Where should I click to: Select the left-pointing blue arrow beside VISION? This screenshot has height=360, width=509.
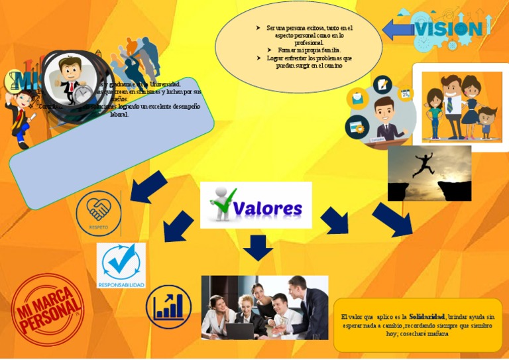tap(398, 29)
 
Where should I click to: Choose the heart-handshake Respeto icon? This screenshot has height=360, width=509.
tap(99, 211)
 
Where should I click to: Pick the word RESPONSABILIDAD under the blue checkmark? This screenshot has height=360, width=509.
tap(121, 285)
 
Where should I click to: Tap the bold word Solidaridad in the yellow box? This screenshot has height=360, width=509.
tap(427, 316)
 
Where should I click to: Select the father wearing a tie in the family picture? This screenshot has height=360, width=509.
tap(453, 102)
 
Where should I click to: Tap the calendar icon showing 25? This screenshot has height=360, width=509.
tap(405, 95)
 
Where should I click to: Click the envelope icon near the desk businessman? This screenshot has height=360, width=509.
tap(359, 99)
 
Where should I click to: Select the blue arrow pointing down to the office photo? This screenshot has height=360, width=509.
tap(258, 247)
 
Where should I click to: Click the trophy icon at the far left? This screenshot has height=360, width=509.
tap(12, 82)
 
